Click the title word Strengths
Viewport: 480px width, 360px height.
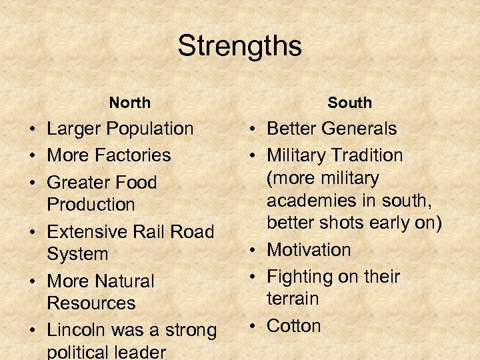pyautogui.click(x=239, y=47)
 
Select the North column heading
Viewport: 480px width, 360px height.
pyautogui.click(x=130, y=103)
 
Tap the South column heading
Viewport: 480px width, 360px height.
pyautogui.click(x=349, y=103)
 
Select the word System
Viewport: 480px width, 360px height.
pyautogui.click(x=77, y=254)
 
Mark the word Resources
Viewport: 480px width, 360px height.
pyautogui.click(x=91, y=303)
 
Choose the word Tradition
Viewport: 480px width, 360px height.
pyautogui.click(x=363, y=155)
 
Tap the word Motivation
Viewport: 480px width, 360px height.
pyautogui.click(x=309, y=250)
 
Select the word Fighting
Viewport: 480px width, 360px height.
pyautogui.click(x=299, y=277)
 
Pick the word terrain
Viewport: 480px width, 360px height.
pyautogui.click(x=293, y=299)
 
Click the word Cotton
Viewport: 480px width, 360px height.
pyautogui.click(x=294, y=326)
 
